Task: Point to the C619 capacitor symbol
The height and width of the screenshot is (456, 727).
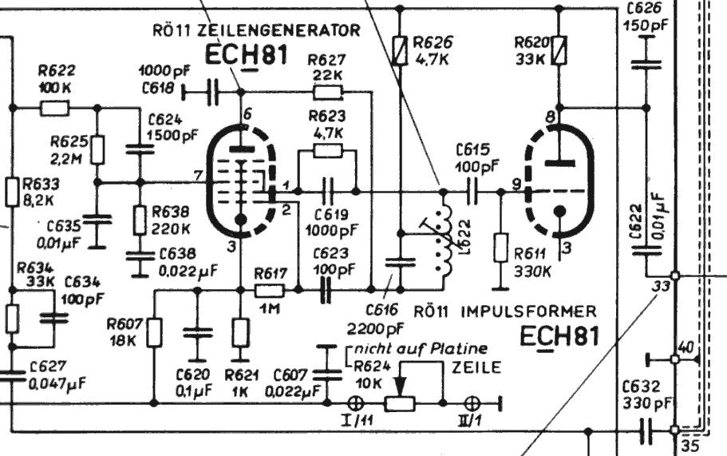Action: pos(327,192)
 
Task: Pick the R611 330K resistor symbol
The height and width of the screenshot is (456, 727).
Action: pos(501,248)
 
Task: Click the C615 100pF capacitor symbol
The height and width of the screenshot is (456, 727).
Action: pos(472,192)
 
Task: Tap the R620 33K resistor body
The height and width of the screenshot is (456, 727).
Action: pos(560,51)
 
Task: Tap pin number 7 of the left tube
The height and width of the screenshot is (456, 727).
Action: pos(198,175)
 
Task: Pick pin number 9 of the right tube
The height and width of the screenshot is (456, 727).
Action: pos(517,184)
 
